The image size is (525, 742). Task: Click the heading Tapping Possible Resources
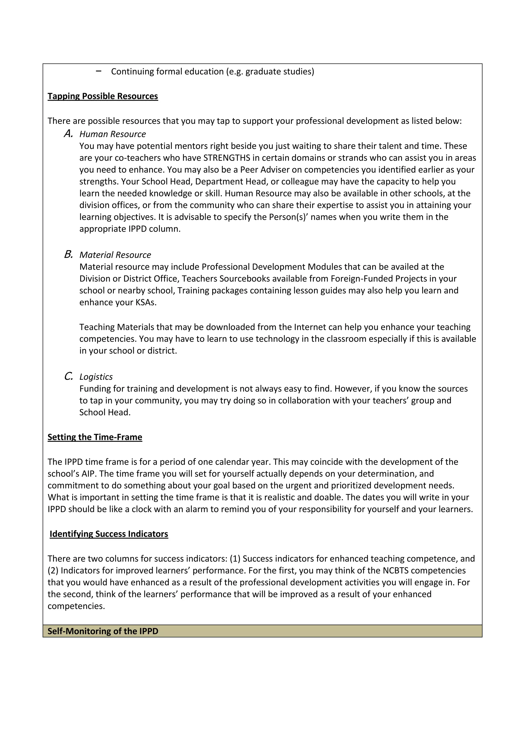point(103,96)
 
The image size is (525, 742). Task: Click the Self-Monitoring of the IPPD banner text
point(103,631)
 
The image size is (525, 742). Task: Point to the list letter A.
point(68,133)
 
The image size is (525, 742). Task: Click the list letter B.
point(68,254)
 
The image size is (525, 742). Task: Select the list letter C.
point(68,376)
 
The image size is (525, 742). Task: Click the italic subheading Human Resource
point(113,134)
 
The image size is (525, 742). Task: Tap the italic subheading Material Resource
point(115,255)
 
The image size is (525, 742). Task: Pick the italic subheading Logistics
point(96,377)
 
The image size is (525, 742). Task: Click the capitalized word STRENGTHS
point(227,158)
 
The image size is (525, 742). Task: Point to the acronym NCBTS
point(395,570)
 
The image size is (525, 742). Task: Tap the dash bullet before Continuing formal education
point(99,71)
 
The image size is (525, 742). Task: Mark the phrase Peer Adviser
point(265,170)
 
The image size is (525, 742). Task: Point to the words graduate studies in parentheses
point(278,71)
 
